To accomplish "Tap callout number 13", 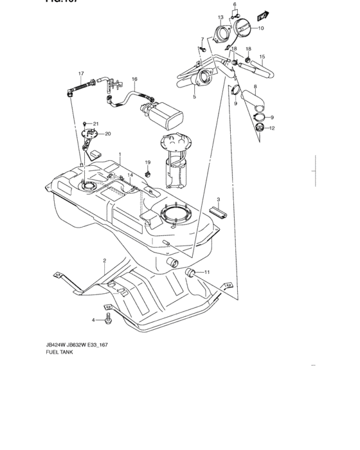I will [220, 17].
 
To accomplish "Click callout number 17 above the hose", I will [81, 74].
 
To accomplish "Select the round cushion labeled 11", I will [190, 274].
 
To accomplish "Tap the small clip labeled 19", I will [148, 174].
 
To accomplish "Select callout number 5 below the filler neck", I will [194, 97].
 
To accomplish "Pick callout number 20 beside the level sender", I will [107, 134].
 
